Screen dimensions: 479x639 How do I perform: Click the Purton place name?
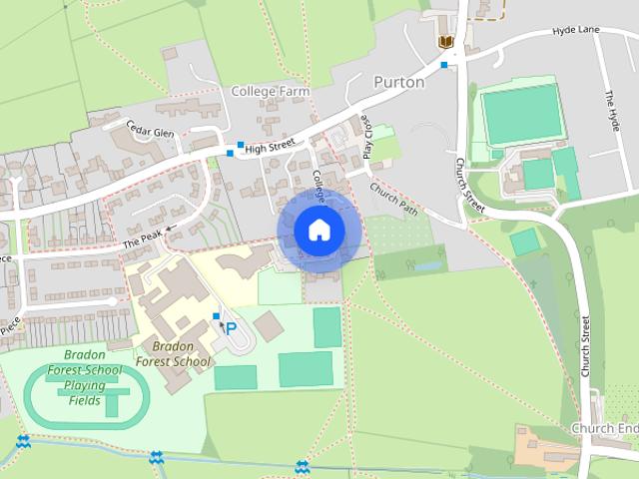(398, 83)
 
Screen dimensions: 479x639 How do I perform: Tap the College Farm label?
(270, 91)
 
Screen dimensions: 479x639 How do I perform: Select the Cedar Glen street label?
(151, 133)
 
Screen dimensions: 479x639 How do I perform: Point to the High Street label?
(271, 146)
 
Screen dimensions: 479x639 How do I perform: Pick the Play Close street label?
(367, 139)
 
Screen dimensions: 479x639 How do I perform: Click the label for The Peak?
(142, 238)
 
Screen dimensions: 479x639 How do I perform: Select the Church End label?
(604, 428)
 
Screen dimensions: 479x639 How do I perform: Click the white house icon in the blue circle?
(319, 231)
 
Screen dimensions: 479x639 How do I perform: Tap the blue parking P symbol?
(231, 328)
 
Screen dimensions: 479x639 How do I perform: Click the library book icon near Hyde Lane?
(445, 41)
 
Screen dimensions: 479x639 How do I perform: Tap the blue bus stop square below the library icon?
(443, 65)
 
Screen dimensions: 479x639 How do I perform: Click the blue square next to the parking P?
(217, 316)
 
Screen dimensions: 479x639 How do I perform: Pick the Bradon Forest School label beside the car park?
(176, 353)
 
